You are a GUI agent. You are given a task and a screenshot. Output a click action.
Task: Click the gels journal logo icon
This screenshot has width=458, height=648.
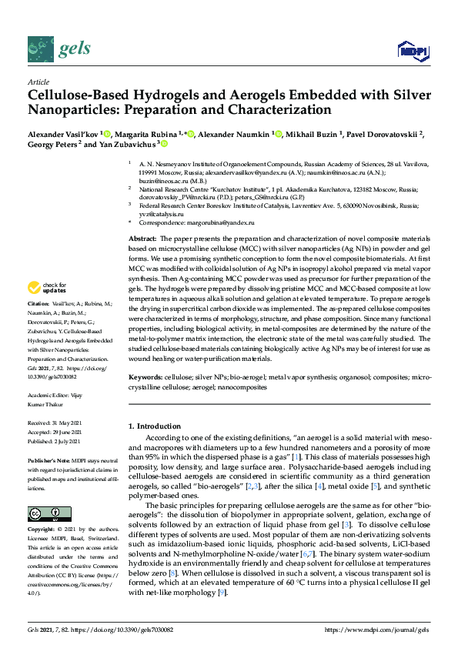tap(40, 50)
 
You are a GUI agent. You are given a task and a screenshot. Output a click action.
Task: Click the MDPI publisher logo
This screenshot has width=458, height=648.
tap(413, 51)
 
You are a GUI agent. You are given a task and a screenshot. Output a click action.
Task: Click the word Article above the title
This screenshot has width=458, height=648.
tap(38, 82)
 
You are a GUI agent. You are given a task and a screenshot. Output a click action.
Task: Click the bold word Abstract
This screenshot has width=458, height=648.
tap(143, 239)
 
